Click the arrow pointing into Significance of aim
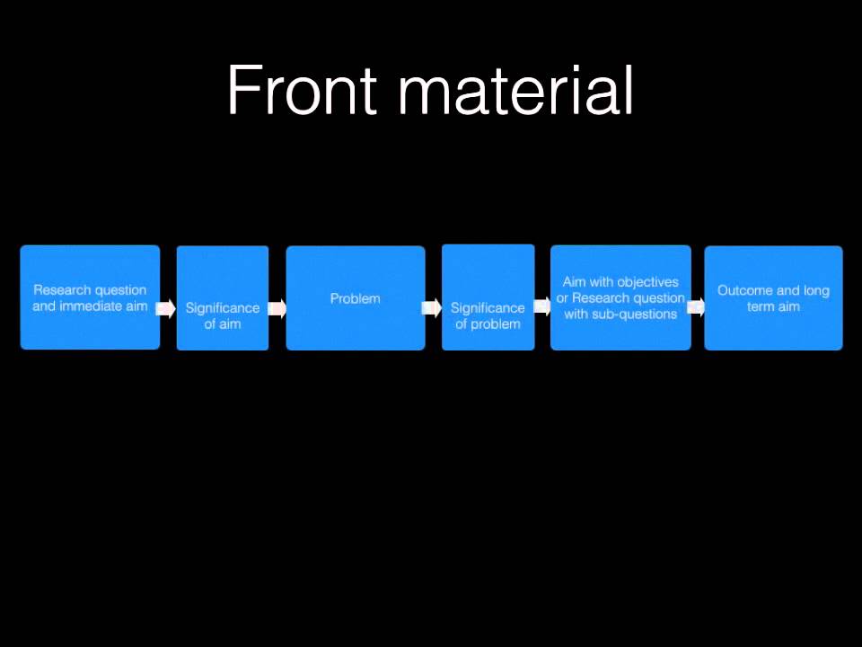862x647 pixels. tap(167, 309)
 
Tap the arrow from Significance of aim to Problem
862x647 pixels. tap(277, 309)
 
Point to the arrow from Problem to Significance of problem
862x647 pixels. tap(432, 309)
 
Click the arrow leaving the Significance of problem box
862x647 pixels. tap(541, 306)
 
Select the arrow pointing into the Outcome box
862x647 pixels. tap(697, 306)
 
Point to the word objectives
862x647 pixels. tap(648, 282)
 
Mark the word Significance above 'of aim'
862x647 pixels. tap(223, 307)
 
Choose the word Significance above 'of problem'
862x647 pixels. tap(488, 307)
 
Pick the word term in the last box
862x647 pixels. tap(760, 306)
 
